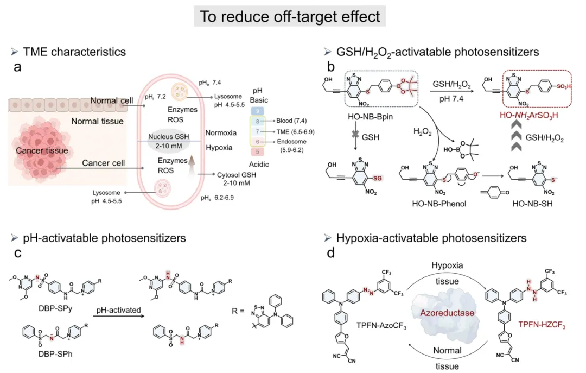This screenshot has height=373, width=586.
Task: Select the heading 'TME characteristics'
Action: point(74,52)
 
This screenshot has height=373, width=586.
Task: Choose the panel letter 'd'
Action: point(328,253)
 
